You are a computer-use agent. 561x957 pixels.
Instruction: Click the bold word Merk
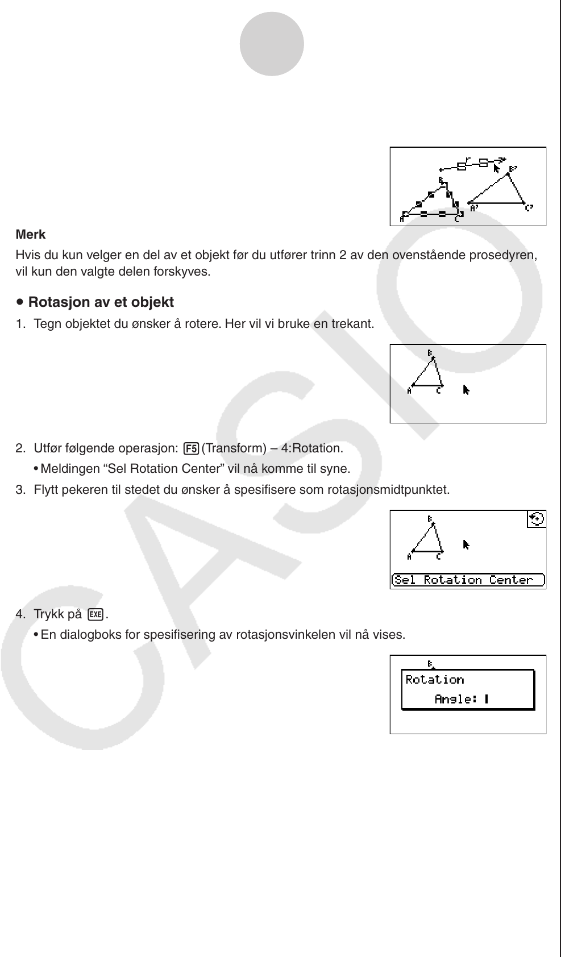pos(31,235)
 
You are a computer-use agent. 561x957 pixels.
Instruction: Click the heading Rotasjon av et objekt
pos(101,302)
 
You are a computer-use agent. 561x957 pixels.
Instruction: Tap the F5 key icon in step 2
pos(191,448)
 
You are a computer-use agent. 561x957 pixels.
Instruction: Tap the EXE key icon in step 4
pos(96,614)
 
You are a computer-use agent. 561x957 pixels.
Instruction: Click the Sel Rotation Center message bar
pos(468,580)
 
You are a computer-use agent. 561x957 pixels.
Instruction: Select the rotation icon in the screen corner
pos(536,519)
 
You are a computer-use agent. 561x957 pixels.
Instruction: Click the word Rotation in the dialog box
pos(435,680)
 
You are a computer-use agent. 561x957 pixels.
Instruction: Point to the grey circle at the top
pos(272,44)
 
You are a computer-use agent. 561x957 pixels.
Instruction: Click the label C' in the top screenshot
pos(529,208)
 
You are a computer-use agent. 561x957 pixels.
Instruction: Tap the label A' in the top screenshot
pos(474,209)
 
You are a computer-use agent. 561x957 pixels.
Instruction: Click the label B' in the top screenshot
pos(513,169)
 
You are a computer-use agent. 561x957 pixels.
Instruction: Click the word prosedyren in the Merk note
pos(507,255)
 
